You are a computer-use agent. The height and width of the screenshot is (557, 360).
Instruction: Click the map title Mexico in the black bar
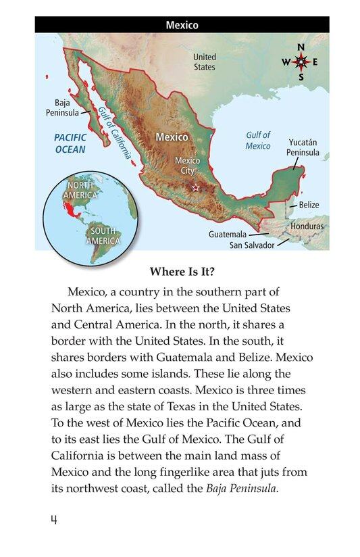pos(182,26)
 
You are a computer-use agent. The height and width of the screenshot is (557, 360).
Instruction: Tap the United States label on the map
pos(205,62)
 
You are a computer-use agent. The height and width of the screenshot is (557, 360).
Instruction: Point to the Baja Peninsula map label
pos(62,107)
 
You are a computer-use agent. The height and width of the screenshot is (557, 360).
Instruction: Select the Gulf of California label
pos(113,132)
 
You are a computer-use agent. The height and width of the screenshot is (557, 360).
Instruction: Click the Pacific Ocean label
pos(70,143)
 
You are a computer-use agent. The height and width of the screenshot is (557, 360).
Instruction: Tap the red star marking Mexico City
pos(196,187)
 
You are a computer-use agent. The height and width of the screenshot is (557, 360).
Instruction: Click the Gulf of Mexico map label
pos(258,141)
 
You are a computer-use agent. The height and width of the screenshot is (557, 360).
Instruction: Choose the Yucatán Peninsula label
pos(303,147)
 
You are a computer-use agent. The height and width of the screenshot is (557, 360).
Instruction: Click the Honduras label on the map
pos(307,226)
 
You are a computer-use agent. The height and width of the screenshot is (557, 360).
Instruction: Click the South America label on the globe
pos(103,235)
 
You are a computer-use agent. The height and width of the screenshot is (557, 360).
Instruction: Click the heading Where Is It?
pos(180,273)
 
